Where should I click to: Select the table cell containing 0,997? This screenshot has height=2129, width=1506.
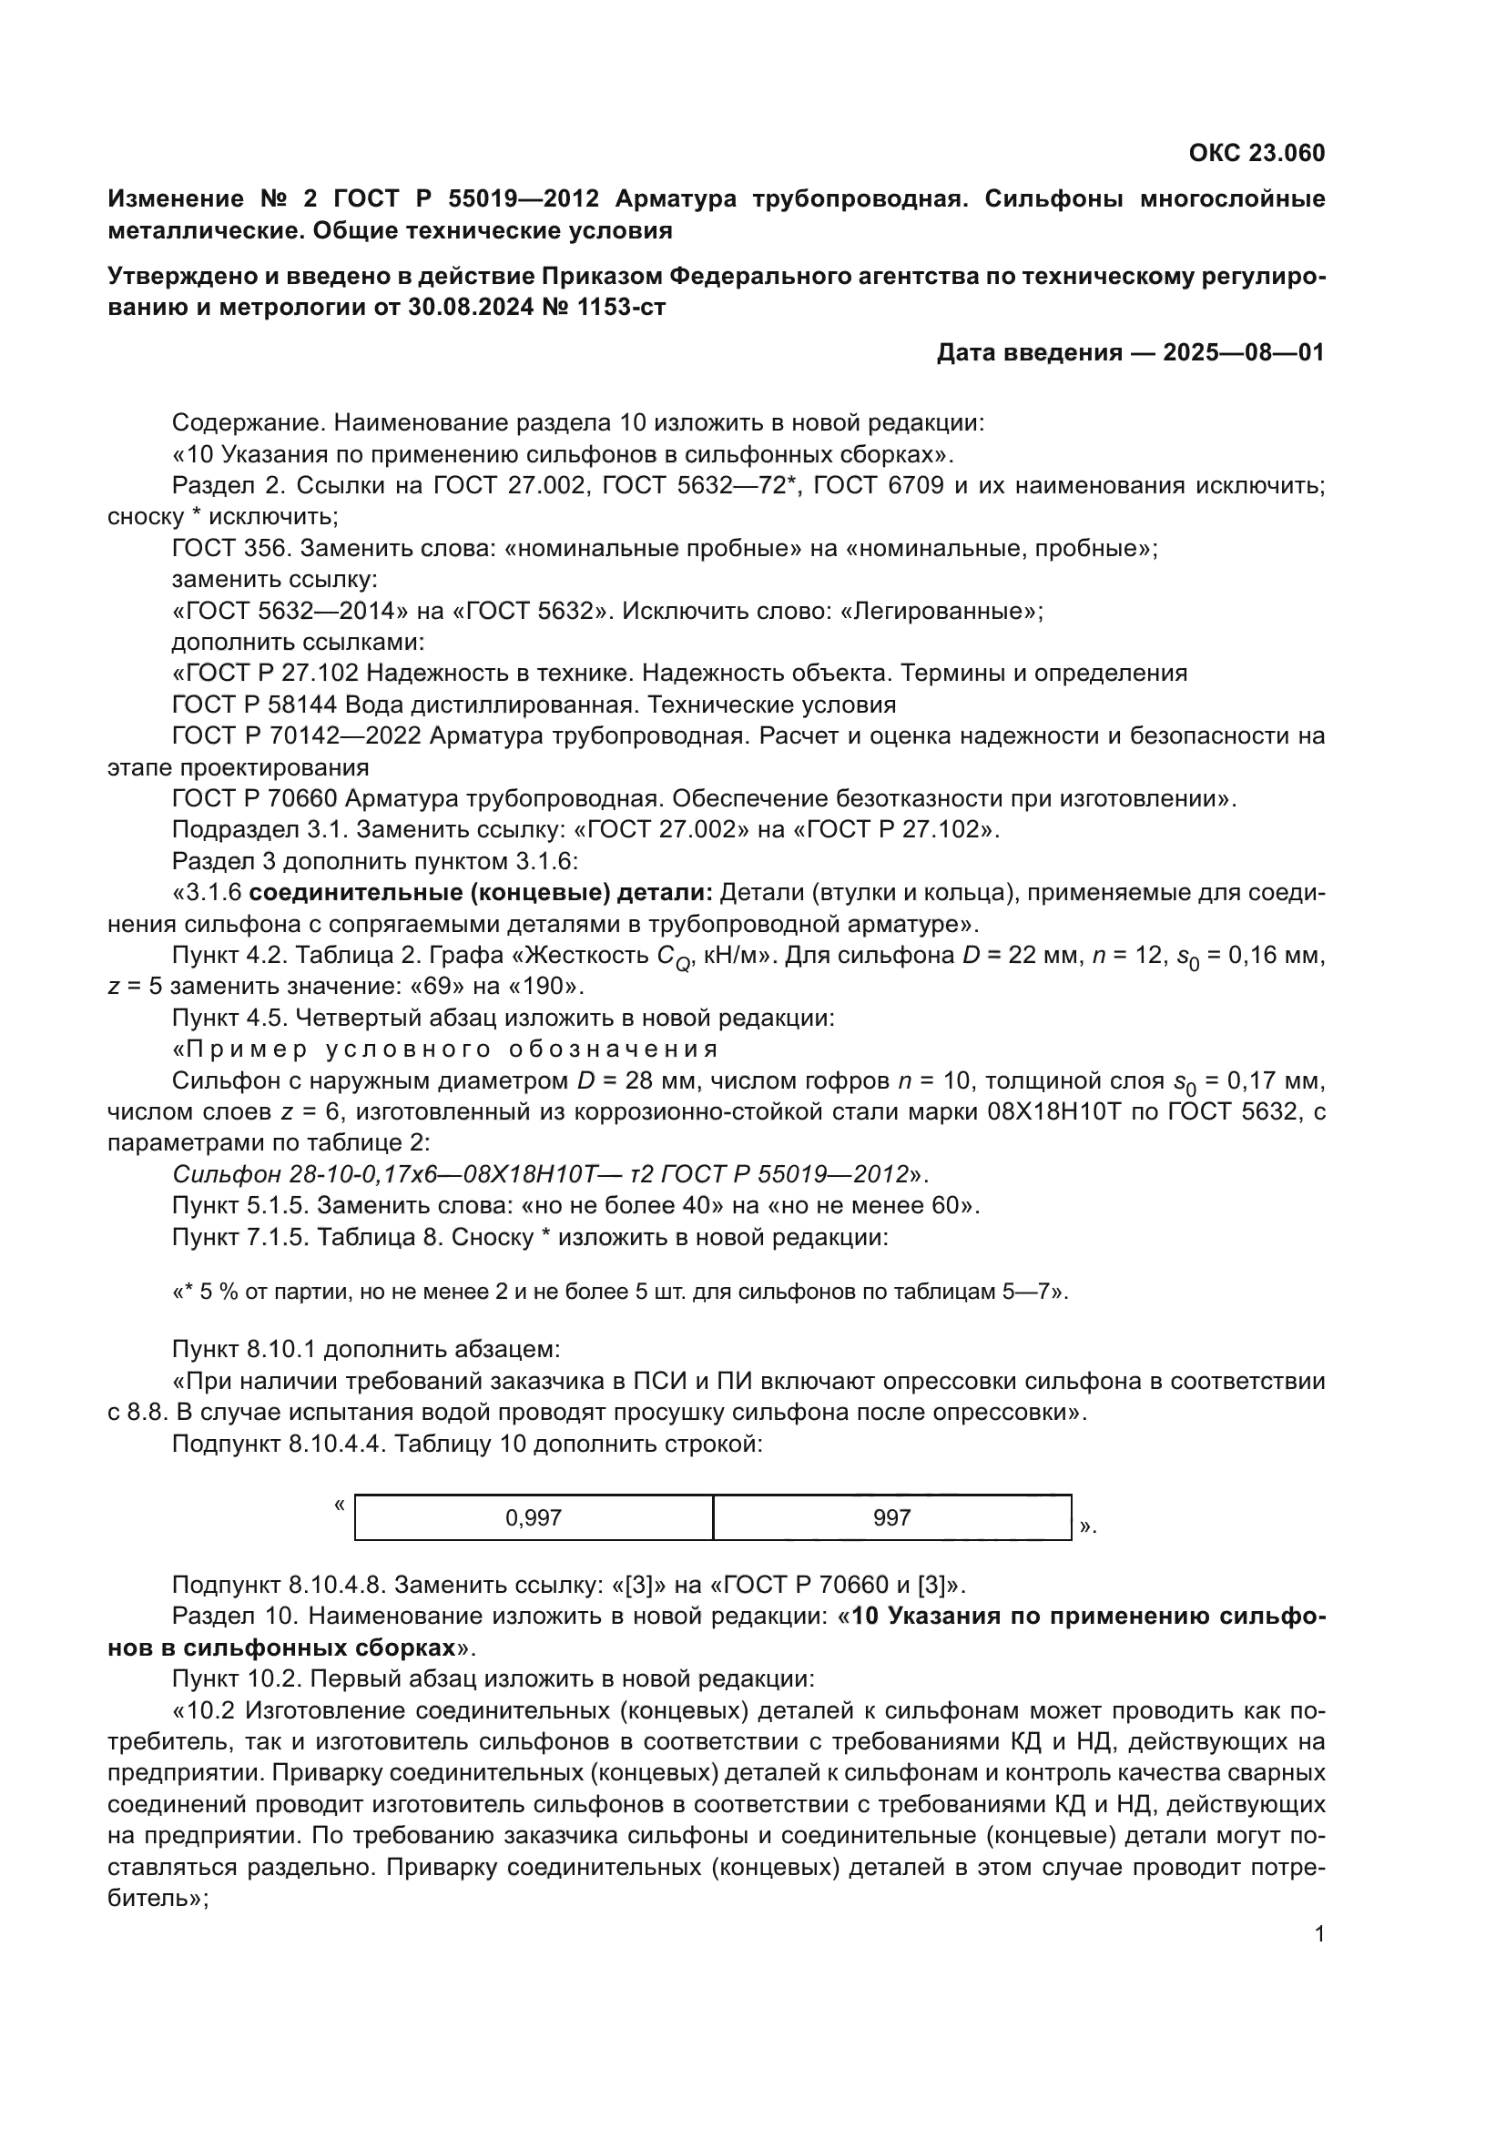coord(534,1518)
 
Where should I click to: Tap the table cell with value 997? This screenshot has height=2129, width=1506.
coord(891,1518)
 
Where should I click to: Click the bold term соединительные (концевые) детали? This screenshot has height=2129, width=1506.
coord(481,893)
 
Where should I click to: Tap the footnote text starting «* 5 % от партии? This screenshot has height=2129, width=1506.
coord(619,1292)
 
